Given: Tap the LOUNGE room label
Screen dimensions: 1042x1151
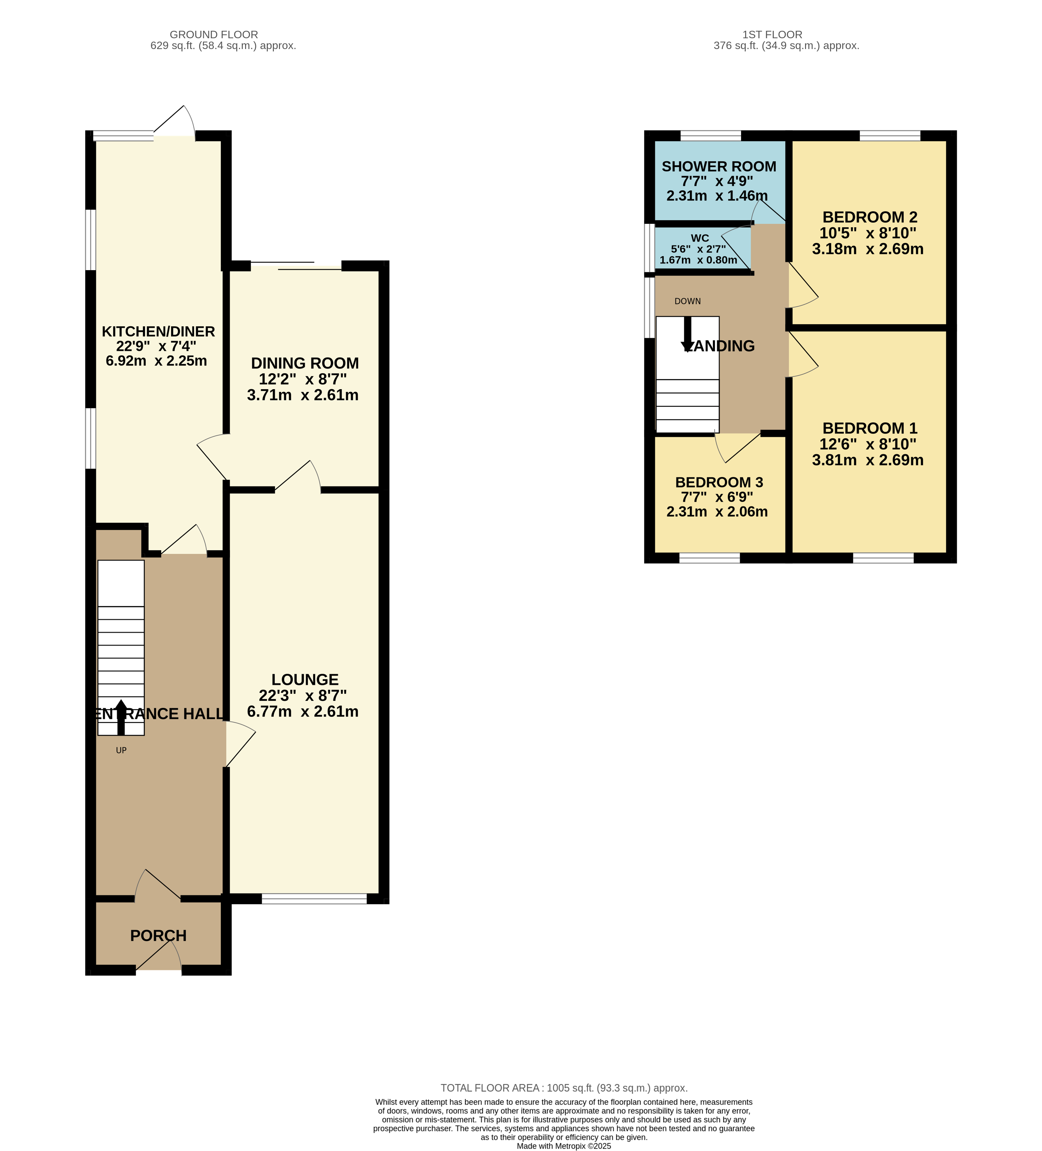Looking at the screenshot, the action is coord(305,679).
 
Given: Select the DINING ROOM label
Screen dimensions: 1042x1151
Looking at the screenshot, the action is coord(305,363).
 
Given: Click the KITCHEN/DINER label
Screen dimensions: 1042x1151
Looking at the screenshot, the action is coord(158,331).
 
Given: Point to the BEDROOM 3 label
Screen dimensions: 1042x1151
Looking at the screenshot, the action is coord(719,483).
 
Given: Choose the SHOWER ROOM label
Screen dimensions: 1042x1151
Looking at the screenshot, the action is coord(719,166).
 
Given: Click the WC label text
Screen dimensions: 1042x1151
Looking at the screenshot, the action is coord(700,238).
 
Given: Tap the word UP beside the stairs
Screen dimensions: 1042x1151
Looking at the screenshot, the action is coord(121,750).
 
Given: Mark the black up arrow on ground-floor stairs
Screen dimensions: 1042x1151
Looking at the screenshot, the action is coord(121,717).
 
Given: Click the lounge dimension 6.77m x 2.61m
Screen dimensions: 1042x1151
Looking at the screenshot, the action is coord(303,711).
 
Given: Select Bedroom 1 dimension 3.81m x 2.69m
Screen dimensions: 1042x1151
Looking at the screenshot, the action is coord(868,460).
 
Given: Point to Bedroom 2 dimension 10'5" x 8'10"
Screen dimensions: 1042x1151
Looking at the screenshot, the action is coord(868,233).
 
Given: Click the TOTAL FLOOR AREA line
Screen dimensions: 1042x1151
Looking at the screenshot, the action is coord(564,1088).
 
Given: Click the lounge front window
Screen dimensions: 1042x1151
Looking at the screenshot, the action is coord(314,899).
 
